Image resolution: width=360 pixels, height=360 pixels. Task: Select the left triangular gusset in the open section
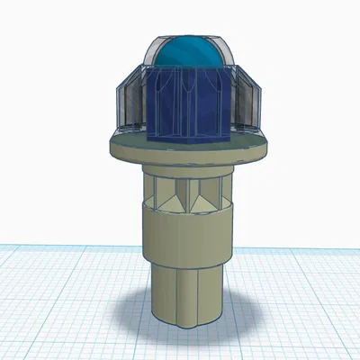(166, 193)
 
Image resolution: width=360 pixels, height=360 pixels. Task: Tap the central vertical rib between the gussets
(185, 193)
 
